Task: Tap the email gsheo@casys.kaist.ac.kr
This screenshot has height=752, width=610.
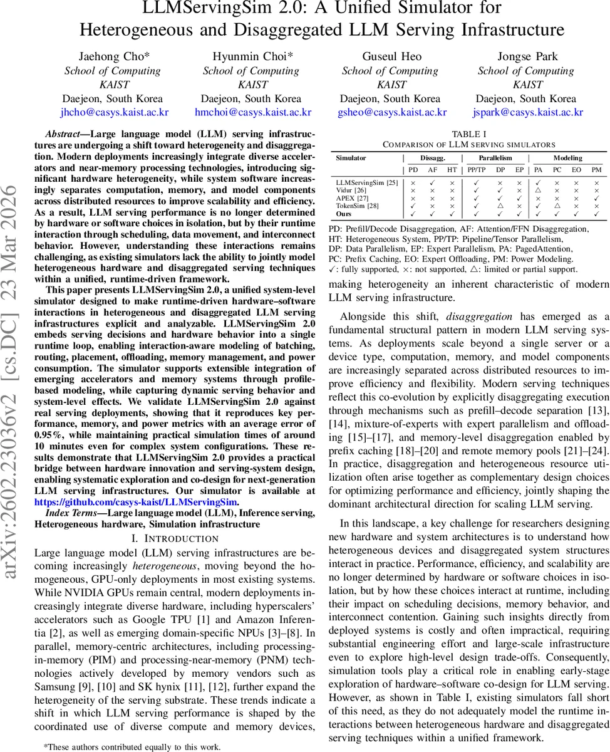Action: click(x=391, y=112)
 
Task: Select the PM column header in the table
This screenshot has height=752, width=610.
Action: click(x=597, y=170)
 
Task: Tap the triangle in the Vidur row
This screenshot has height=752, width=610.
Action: click(x=539, y=189)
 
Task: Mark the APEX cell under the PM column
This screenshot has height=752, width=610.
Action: click(x=597, y=197)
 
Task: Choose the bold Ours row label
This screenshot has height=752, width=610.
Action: click(x=344, y=214)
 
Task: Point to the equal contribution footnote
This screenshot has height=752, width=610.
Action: click(x=132, y=746)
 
